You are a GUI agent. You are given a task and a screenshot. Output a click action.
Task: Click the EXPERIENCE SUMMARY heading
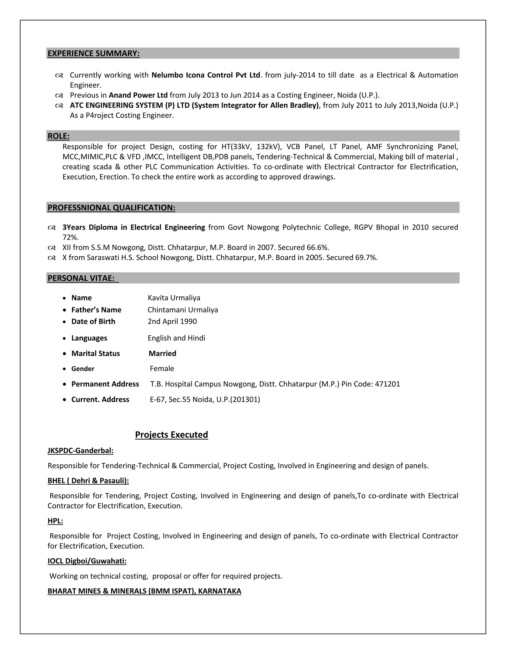point(94,53)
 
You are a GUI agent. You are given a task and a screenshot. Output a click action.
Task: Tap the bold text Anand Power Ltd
point(138,95)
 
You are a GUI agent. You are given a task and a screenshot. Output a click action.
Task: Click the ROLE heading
point(59,136)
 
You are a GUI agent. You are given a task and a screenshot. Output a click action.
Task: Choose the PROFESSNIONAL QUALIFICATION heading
point(111,208)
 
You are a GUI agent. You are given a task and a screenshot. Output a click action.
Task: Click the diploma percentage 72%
point(70,237)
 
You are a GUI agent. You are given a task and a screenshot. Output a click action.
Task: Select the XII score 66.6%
point(318,247)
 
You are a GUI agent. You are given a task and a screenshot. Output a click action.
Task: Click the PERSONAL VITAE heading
point(81,278)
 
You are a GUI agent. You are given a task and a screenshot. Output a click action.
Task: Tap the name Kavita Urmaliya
point(174,298)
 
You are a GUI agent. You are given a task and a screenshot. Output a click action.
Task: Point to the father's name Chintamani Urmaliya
point(183,310)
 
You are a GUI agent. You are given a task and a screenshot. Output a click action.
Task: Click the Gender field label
point(83,369)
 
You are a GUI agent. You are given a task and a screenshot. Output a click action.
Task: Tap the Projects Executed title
point(171,435)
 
